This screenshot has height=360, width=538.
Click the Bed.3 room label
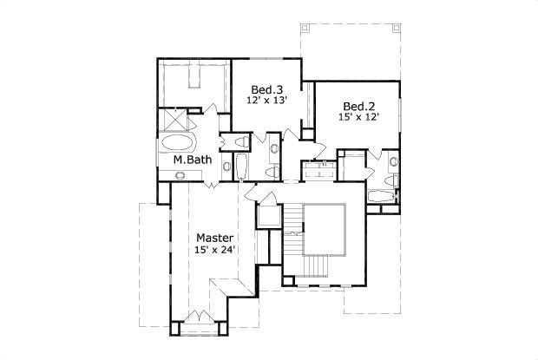267,89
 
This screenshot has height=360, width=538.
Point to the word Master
213,237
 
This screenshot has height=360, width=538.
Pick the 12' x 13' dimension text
267,101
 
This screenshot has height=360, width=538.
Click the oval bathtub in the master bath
179,142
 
